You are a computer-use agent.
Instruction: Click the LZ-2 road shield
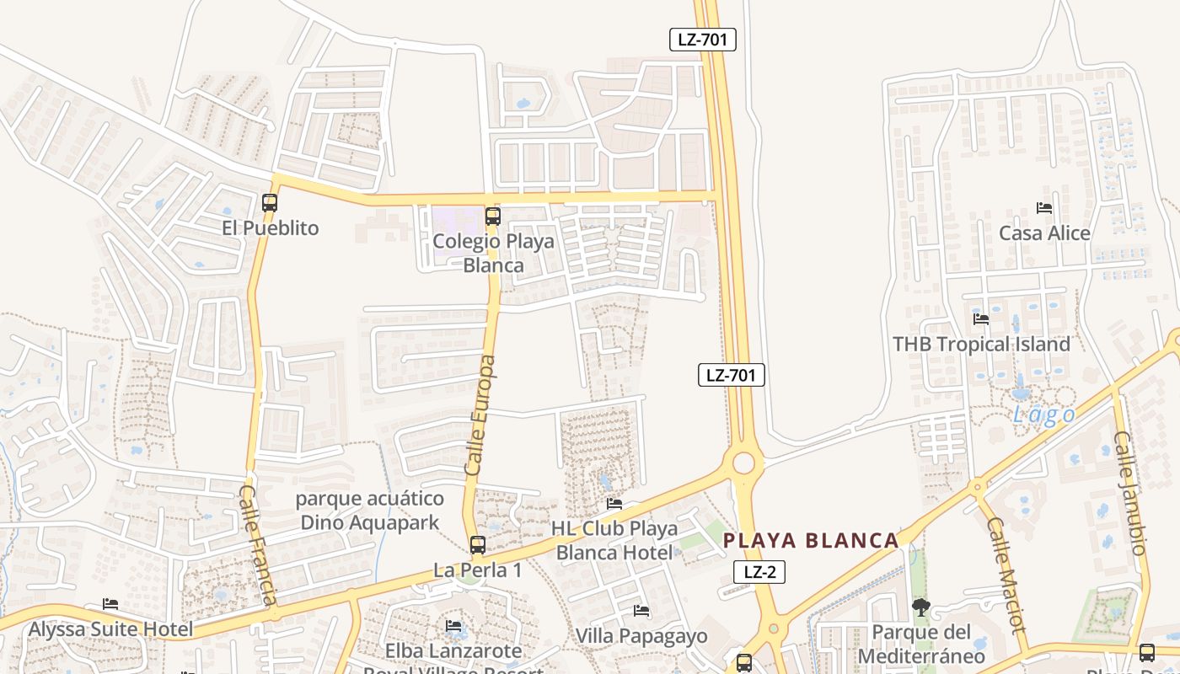click(759, 572)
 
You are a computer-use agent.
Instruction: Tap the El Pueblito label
click(271, 227)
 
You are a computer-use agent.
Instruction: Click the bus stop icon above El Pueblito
click(270, 203)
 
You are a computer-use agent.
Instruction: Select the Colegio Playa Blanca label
click(493, 253)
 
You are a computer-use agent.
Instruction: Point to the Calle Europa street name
click(480, 415)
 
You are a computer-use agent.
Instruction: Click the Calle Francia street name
click(258, 544)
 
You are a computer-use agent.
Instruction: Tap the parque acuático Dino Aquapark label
click(369, 511)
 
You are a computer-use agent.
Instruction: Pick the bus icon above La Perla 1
click(477, 545)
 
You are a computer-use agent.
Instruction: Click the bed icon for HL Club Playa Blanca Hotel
click(614, 504)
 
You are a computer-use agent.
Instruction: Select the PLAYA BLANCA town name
click(811, 541)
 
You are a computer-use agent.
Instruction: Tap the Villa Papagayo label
click(641, 635)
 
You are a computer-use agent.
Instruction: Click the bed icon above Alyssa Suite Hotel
click(110, 604)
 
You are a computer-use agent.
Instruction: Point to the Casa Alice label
click(1044, 233)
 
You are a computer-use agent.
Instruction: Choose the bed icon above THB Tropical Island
click(981, 319)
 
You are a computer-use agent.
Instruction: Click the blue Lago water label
click(1044, 415)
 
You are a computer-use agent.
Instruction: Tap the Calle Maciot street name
click(1006, 575)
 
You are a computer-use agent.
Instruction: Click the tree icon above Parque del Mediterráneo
click(921, 607)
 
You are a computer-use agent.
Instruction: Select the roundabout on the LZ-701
click(743, 463)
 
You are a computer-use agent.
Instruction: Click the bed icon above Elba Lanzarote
click(453, 626)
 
